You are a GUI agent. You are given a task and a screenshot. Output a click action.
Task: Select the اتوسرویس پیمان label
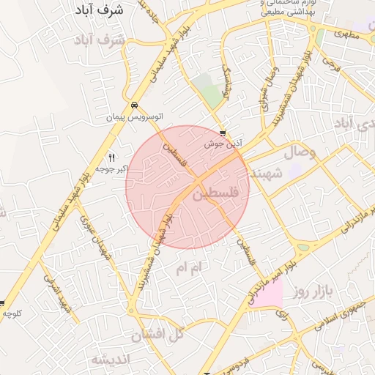[x=133, y=117]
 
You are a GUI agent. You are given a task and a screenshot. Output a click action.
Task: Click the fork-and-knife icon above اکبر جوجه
[x=112, y=157]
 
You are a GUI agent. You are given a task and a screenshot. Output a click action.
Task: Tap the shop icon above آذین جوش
[x=223, y=133]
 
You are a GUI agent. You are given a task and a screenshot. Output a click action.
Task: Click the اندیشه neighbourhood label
[x=111, y=359]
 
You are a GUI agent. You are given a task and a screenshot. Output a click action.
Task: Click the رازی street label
[x=282, y=314]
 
